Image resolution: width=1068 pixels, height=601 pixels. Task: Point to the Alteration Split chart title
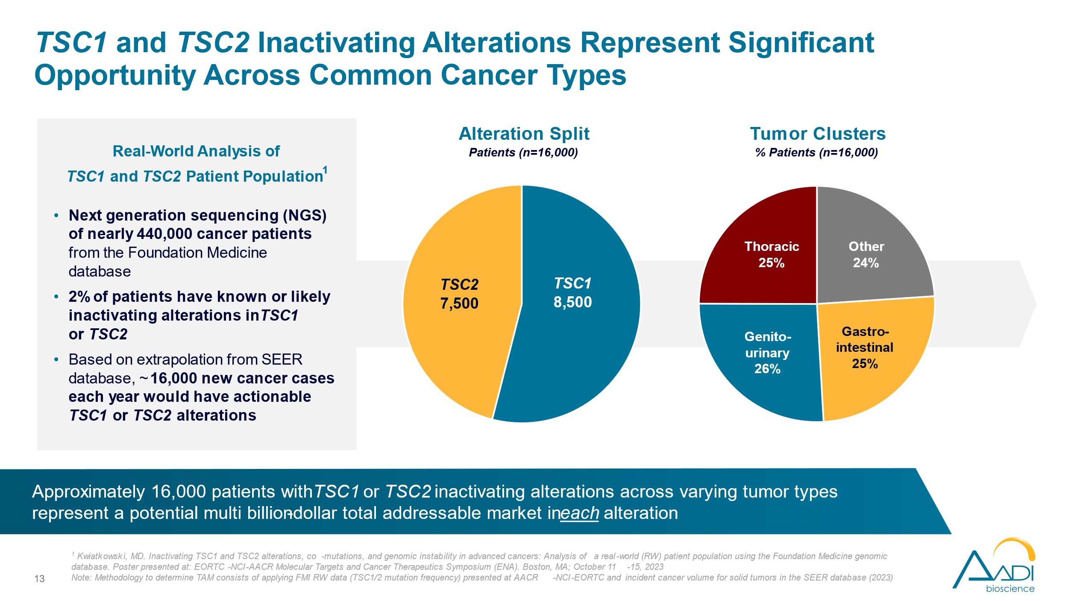524,134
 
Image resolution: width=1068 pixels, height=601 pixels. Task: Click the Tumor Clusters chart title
818,134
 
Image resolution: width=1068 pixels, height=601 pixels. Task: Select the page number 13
39,579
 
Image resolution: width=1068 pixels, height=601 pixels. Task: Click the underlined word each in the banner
579,513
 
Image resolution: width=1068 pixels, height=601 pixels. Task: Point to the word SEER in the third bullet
282,359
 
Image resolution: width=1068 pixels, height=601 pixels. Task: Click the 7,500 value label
459,303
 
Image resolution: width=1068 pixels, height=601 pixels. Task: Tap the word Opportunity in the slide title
115,75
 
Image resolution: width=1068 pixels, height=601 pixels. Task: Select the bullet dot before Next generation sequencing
56,215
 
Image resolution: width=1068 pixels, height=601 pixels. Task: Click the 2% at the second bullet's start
79,297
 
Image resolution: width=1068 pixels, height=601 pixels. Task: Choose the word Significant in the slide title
801,43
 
